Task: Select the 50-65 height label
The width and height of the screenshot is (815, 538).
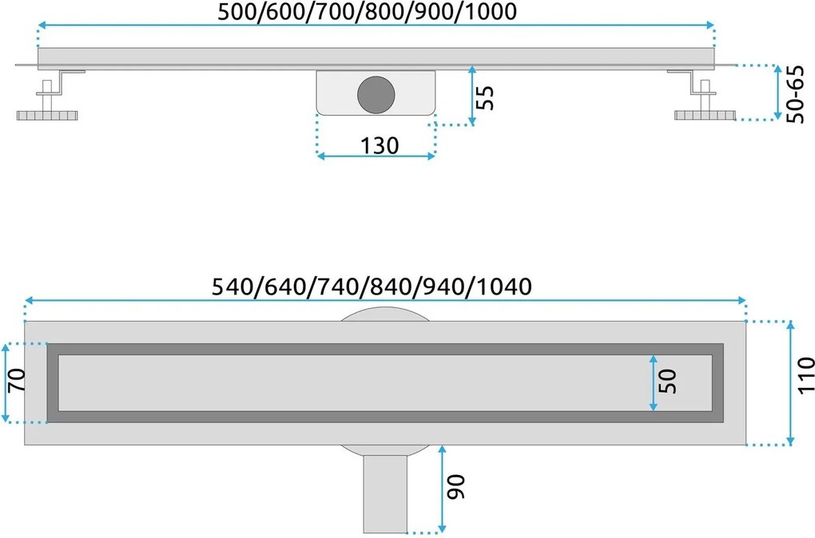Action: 795,94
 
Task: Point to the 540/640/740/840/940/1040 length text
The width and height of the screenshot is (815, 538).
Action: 373,285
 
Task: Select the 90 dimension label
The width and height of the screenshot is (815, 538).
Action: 455,487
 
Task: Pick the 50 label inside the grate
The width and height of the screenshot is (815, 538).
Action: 669,381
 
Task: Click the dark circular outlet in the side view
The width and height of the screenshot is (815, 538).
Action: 375,93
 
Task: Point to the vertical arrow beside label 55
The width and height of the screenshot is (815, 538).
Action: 472,96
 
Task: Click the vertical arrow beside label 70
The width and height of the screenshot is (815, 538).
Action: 6,383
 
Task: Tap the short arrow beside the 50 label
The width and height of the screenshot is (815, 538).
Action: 654,383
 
